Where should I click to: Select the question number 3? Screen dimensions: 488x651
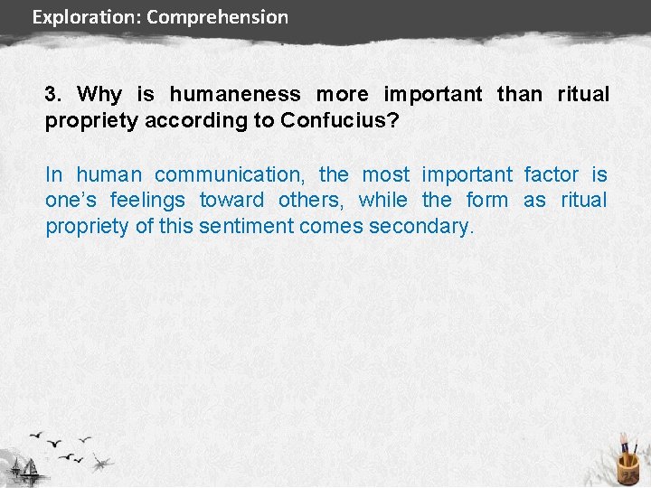(52, 94)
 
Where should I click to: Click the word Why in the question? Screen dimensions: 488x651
(99, 94)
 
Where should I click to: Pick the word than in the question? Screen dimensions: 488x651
(520, 94)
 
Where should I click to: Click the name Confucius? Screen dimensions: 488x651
(338, 120)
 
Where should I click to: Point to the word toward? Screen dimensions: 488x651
(232, 200)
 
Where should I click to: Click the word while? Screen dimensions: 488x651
(382, 200)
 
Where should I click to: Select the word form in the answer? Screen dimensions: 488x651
(487, 200)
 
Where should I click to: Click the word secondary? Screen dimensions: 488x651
(420, 226)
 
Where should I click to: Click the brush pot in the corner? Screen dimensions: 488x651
(627, 465)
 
